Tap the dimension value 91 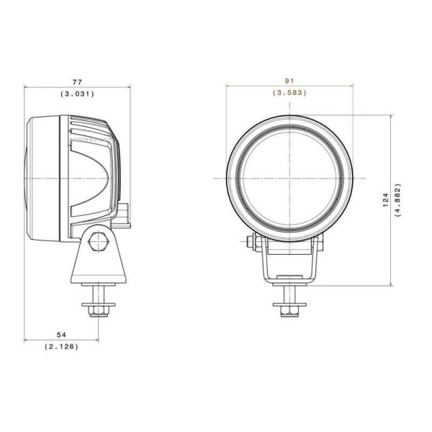[289, 81]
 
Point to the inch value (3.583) [289, 93]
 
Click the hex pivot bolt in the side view [98, 242]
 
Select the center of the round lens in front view [289, 177]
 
